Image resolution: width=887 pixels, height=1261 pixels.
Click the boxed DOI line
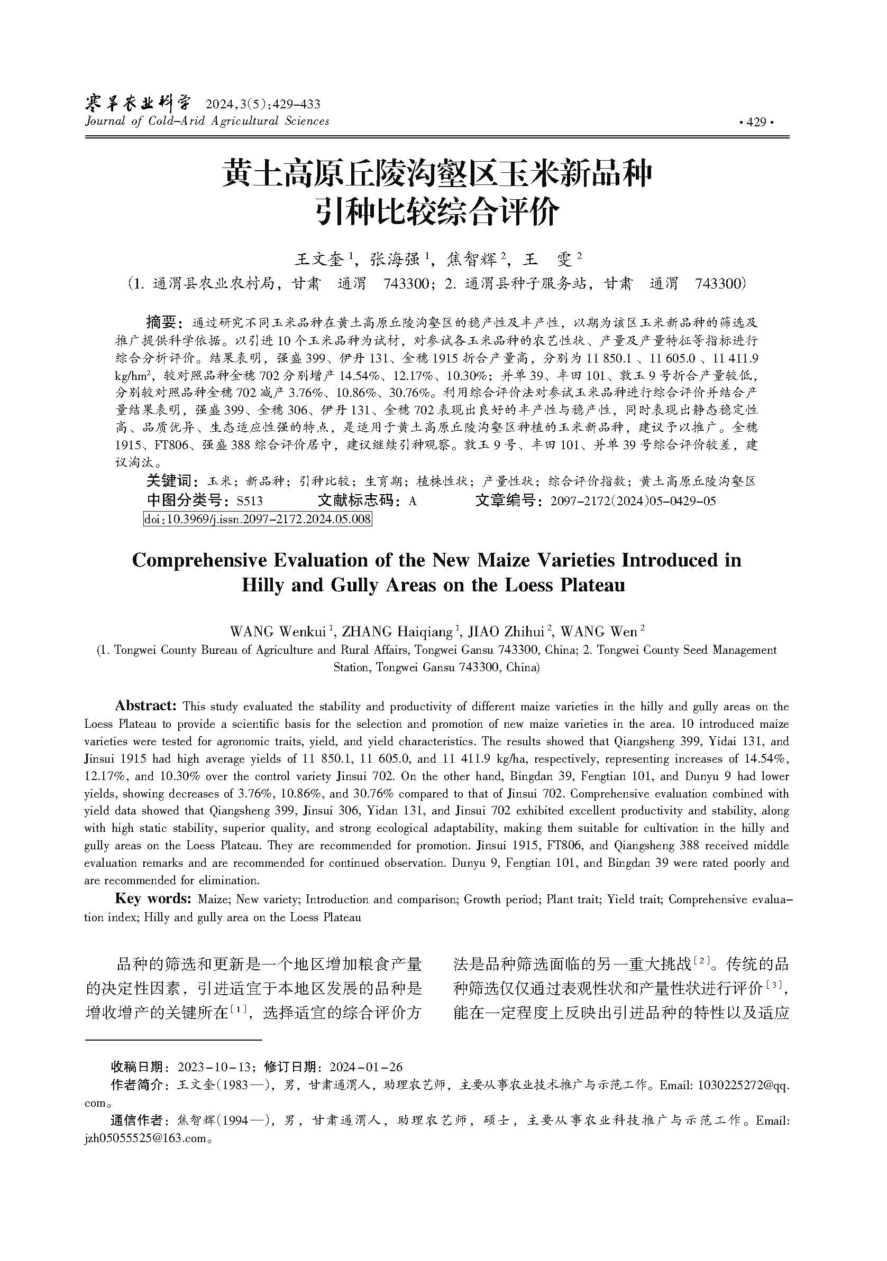(257, 518)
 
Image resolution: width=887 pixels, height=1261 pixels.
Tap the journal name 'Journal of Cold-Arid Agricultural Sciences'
(207, 121)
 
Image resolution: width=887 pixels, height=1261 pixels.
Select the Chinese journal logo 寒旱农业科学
(139, 102)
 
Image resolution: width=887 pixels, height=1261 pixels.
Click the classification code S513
(250, 501)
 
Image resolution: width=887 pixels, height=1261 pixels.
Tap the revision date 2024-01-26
(365, 1067)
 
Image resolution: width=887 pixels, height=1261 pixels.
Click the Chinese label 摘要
(160, 321)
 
